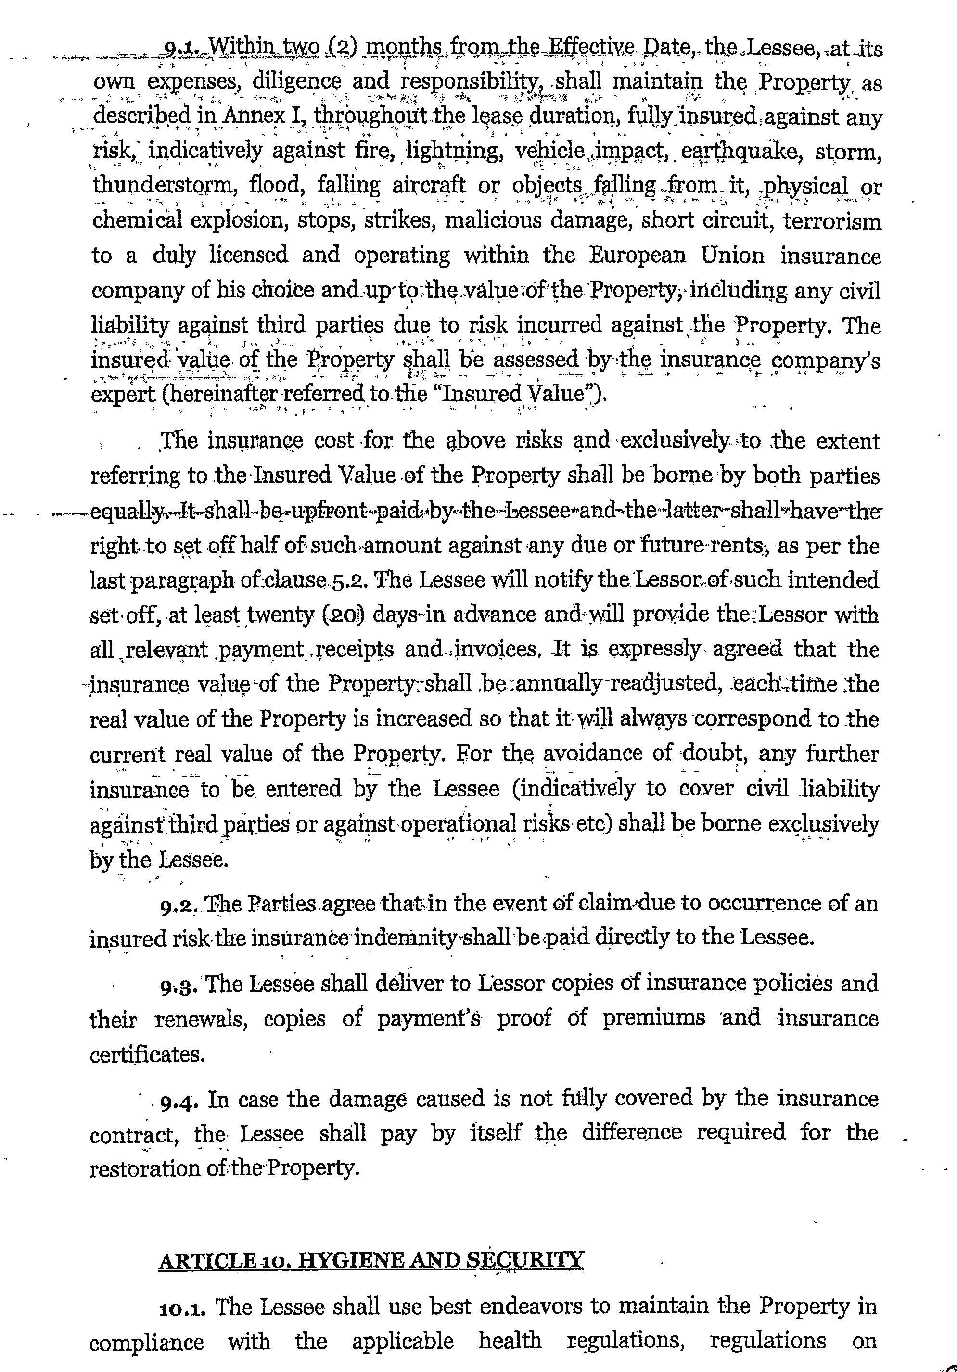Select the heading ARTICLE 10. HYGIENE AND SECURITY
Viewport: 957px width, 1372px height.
point(370,1260)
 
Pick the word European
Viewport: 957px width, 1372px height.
point(638,255)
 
